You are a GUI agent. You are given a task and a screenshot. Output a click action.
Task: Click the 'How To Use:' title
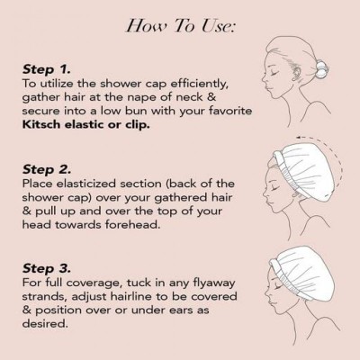[180, 25]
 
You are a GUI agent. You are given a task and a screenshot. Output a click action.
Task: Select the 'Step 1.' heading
[47, 69]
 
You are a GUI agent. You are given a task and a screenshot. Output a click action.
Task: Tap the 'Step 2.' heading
[47, 169]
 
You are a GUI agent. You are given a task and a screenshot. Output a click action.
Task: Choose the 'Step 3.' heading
[47, 268]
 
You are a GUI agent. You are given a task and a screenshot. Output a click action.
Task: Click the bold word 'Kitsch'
[41, 124]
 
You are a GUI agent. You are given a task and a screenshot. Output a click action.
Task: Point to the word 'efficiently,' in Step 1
[200, 85]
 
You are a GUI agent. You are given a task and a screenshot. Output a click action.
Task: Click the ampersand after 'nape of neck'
[211, 97]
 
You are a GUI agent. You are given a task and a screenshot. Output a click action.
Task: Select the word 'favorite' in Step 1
[230, 111]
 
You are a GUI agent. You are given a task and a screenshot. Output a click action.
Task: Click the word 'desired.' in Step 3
[43, 324]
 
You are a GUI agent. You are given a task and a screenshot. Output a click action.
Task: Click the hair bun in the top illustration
[320, 71]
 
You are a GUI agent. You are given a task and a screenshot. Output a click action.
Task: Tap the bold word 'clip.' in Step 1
[138, 124]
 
